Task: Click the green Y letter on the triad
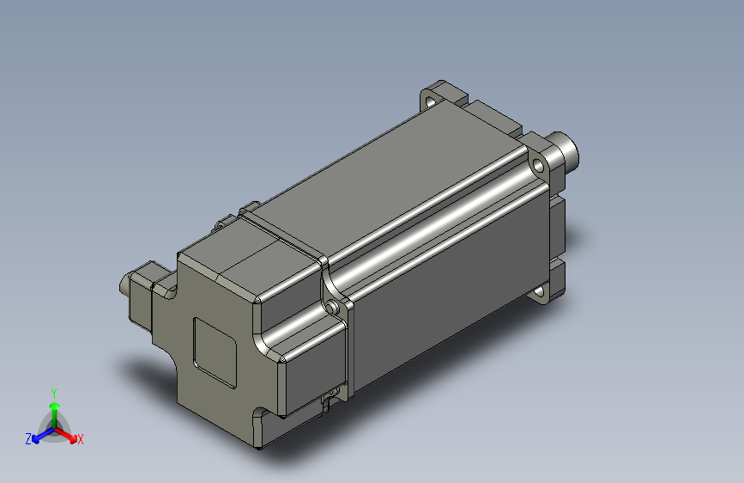[54, 391]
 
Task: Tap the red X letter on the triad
[81, 440]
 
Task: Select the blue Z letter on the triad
[28, 438]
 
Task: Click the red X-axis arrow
[68, 433]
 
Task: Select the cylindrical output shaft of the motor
[566, 150]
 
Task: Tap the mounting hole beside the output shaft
[538, 163]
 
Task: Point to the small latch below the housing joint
[330, 400]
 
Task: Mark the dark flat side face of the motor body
[446, 292]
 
